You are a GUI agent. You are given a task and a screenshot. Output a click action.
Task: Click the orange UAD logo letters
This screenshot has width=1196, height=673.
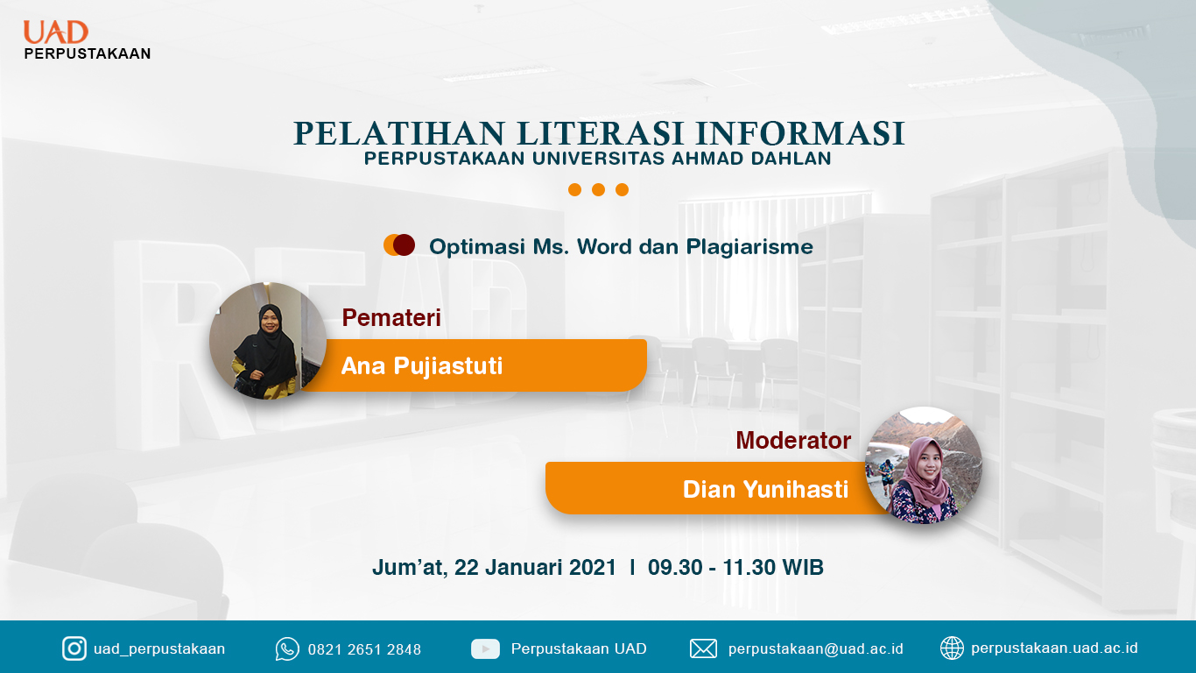55,32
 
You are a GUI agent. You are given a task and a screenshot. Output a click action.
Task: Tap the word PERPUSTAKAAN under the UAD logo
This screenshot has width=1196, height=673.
88,53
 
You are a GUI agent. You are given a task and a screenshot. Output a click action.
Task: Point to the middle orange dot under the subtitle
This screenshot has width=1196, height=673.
598,190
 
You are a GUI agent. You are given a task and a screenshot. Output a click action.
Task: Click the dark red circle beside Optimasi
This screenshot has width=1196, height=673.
405,244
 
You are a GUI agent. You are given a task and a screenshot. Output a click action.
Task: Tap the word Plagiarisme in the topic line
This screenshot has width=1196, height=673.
749,247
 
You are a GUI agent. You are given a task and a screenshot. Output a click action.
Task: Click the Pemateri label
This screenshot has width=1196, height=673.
391,317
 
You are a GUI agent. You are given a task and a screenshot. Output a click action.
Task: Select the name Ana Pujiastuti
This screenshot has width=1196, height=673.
422,365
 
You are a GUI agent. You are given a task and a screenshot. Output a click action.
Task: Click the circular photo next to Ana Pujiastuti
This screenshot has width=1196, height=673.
268,341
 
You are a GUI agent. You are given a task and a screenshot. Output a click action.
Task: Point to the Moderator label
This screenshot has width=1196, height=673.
793,441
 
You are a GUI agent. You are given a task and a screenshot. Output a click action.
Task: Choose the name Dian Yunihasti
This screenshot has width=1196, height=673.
765,489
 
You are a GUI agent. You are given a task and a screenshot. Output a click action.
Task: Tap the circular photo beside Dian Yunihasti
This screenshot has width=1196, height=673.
924,465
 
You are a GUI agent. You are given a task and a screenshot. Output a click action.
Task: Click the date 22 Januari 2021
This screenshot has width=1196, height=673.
536,567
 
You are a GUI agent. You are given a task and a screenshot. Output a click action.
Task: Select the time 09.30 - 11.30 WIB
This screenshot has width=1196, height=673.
735,567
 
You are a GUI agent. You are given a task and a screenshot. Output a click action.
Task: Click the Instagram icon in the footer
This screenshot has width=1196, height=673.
74,649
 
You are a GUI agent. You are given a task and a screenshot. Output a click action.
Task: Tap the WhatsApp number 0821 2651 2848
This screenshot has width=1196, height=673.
365,649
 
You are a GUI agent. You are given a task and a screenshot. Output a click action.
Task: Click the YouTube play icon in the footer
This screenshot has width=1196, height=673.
485,649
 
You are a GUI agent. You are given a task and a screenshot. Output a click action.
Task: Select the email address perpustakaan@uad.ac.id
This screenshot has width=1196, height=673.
816,649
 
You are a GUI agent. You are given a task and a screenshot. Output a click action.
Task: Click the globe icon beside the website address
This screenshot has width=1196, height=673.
952,648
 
